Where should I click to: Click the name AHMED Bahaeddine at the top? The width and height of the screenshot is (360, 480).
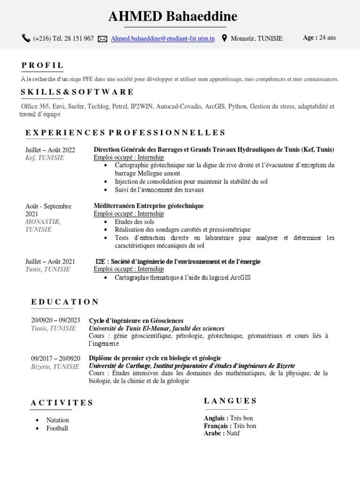coord(173,17)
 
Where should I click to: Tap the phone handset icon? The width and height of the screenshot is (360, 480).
coord(26,38)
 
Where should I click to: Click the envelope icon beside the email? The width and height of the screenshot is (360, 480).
coord(103,39)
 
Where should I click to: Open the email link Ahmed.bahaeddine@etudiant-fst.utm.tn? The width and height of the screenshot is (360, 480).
coord(163,39)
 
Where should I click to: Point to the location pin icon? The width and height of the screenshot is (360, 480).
coord(224,38)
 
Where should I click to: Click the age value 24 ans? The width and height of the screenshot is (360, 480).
coord(328,38)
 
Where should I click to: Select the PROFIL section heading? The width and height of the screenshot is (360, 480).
coord(42,65)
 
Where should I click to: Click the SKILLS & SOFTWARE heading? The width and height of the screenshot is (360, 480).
coord(77,92)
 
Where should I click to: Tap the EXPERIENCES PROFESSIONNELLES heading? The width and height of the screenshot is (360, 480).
coord(125,133)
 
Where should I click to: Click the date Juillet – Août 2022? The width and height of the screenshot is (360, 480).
coord(50,150)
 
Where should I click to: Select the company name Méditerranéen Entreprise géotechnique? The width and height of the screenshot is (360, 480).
coord(149,206)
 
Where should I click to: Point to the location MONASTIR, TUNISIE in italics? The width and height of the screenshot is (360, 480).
coord(43,225)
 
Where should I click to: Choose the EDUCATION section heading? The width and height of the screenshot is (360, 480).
coord(65,302)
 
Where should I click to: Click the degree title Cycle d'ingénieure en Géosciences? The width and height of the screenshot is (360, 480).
coord(136,321)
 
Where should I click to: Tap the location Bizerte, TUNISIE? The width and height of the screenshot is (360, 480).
coord(55,367)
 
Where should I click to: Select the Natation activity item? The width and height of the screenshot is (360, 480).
coord(58,420)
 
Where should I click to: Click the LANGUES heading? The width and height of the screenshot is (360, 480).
coord(230,401)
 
